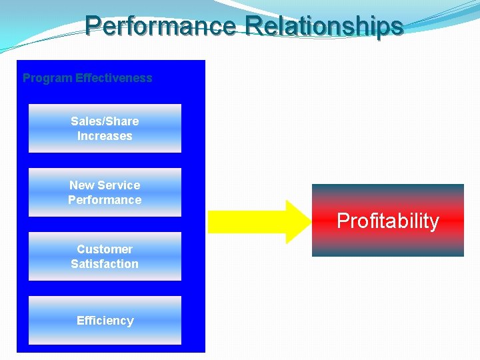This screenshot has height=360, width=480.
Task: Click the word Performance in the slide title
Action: tap(160, 26)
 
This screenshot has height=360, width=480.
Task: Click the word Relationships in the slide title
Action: tap(324, 26)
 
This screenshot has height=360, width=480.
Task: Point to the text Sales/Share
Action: tap(105, 121)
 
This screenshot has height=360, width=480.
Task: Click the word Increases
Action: tap(105, 136)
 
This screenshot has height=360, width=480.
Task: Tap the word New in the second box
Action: tap(82, 185)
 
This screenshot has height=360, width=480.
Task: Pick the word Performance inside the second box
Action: tap(105, 200)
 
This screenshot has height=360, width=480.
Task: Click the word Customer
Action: tap(105, 249)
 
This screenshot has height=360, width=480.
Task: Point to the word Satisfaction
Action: tap(105, 264)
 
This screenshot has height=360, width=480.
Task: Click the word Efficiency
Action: tap(105, 321)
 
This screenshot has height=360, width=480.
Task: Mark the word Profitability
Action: tap(387, 221)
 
